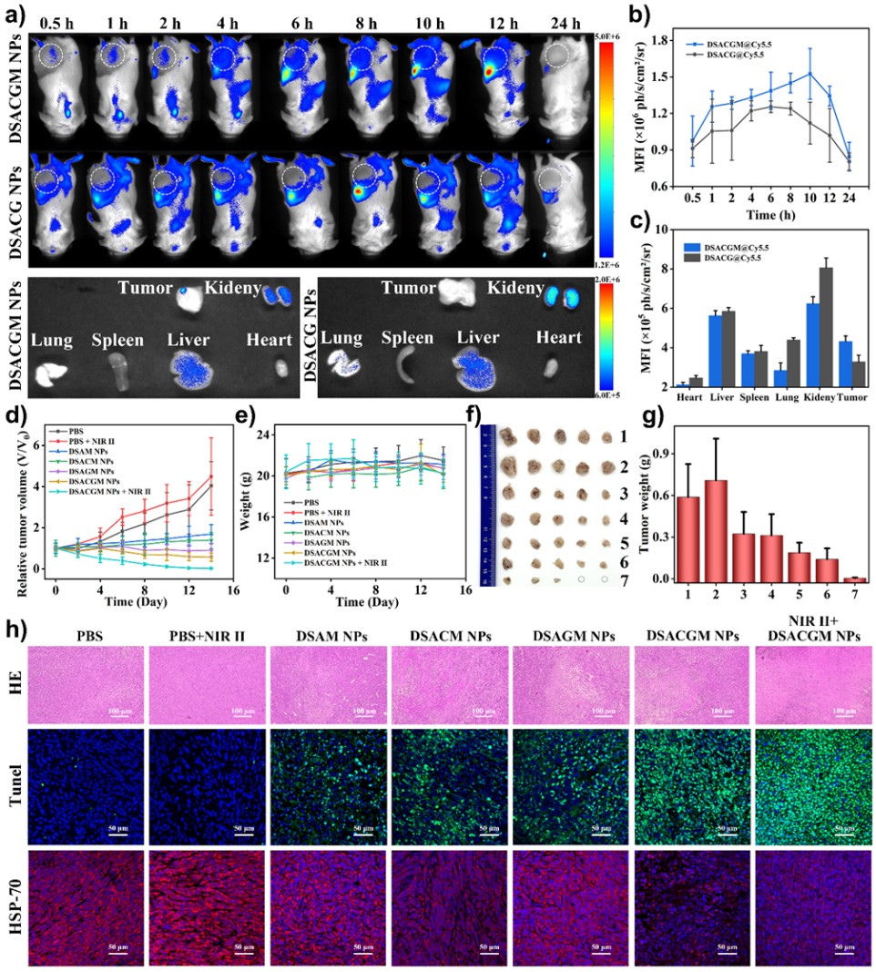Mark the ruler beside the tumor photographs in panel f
(489, 505)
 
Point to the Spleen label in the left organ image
(117, 340)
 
